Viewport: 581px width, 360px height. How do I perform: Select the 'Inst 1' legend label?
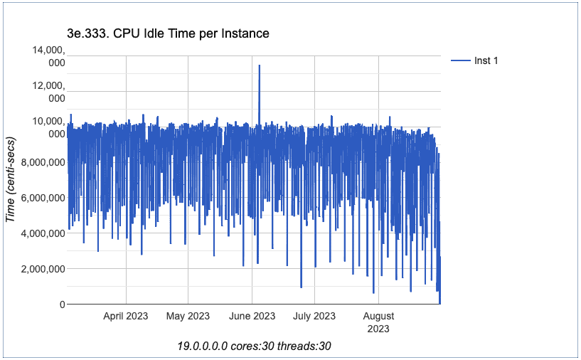486,60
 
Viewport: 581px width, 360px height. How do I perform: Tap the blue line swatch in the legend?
461,60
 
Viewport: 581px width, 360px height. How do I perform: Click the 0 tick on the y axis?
62,305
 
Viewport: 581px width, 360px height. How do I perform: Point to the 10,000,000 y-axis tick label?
46,127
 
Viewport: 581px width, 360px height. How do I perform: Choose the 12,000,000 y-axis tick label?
46,92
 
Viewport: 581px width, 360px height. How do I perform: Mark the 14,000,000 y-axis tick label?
46,56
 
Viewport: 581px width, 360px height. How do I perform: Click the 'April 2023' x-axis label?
126,316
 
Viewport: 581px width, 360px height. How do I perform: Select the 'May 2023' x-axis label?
188,316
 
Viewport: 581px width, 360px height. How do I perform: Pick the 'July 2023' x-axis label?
314,316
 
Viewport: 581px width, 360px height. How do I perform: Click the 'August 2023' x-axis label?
378,322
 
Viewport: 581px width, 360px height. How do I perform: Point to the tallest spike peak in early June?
260,65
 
